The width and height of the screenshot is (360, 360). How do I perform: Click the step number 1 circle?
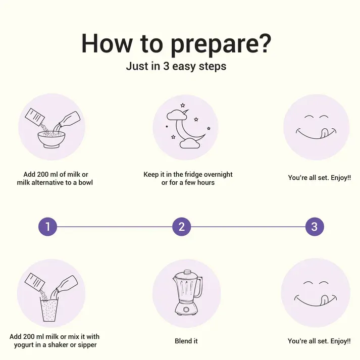click(x=47, y=227)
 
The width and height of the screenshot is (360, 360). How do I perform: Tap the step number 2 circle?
click(x=181, y=227)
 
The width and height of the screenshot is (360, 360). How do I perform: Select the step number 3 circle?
click(x=315, y=227)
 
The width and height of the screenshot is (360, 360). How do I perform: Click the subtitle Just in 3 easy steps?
click(x=176, y=66)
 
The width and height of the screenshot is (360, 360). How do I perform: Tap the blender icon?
click(x=188, y=293)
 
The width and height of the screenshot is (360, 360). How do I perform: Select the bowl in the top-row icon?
click(x=52, y=139)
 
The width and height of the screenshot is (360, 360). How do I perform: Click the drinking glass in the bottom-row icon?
click(x=49, y=310)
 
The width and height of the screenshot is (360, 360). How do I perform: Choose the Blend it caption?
click(x=186, y=341)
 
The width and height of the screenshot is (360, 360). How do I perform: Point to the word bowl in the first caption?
click(x=86, y=183)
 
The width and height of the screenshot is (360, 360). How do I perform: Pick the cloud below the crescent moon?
click(x=190, y=143)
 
